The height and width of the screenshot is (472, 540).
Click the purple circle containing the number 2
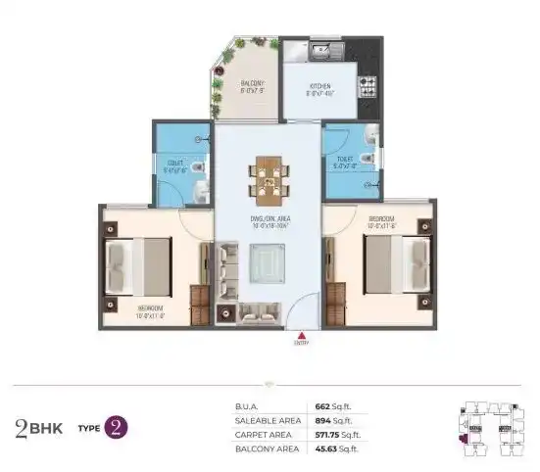[x=117, y=426]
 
